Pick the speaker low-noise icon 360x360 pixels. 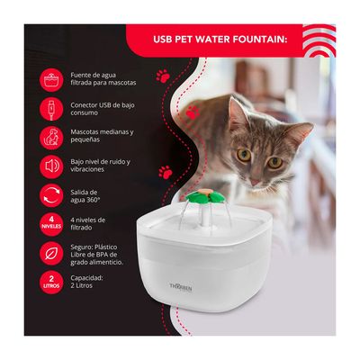coord(51,166)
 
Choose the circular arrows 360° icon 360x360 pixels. coord(51,195)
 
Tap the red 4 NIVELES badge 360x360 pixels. coord(51,223)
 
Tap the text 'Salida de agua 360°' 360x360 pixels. coord(92,195)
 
